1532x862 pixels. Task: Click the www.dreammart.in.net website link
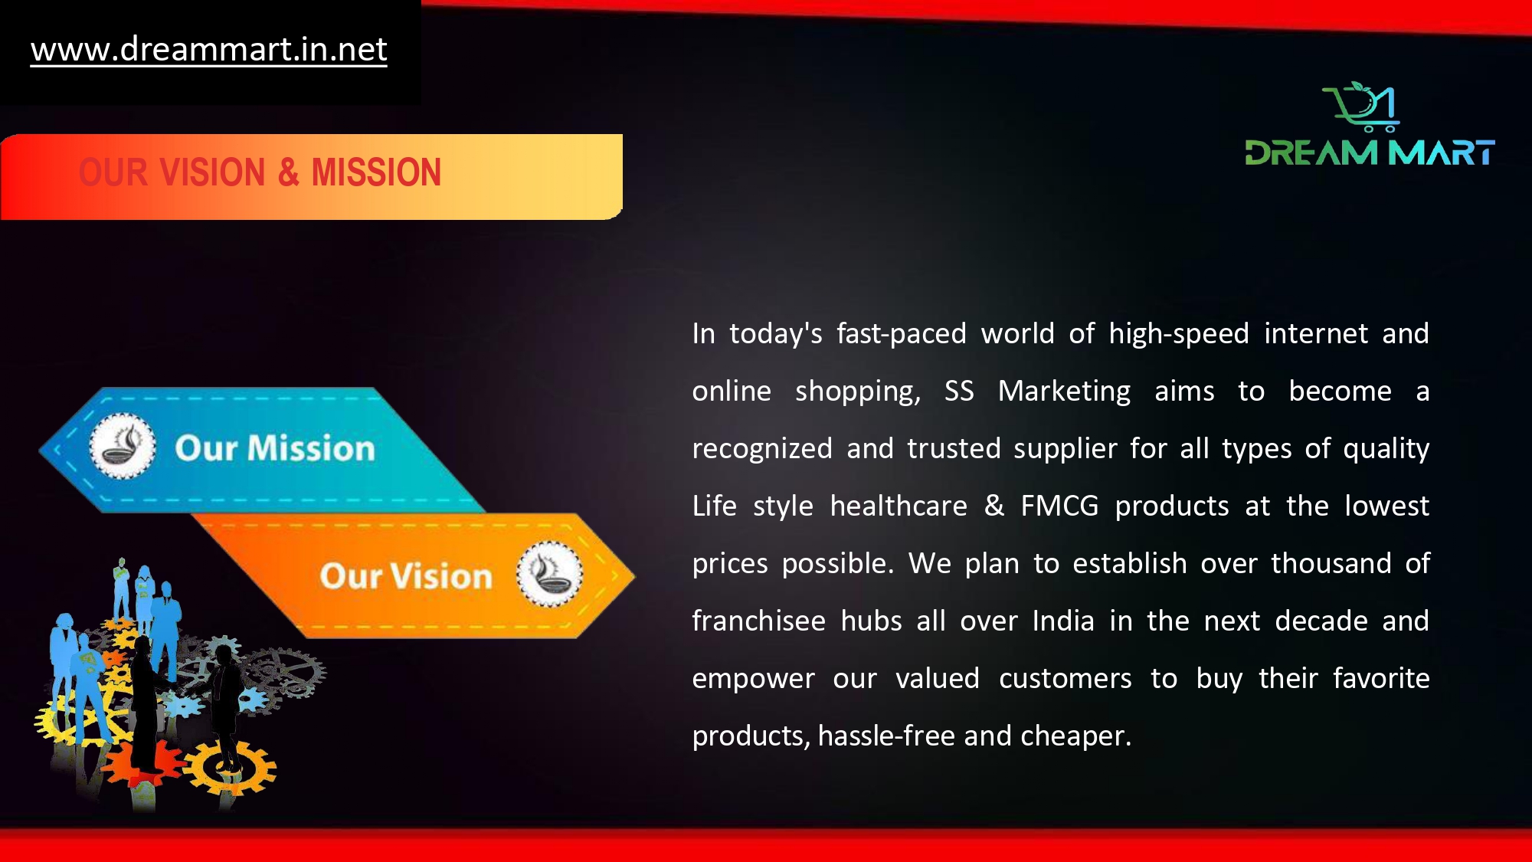[208, 50]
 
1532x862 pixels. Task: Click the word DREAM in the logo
[1311, 152]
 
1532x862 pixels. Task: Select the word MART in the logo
[1442, 152]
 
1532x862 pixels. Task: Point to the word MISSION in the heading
[376, 172]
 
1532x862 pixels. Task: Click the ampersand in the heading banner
[288, 172]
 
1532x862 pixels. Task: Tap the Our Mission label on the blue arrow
[275, 448]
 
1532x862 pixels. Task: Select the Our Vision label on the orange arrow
[406, 576]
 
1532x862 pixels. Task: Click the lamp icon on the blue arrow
[123, 446]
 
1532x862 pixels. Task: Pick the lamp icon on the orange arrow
[549, 574]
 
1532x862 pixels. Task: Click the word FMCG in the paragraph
[1059, 506]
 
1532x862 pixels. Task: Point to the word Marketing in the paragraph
[1064, 391]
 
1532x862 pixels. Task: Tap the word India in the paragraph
[1063, 621]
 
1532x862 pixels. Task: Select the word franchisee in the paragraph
[758, 621]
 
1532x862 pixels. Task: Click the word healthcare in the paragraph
[899, 506]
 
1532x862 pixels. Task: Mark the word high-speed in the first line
[1179, 334]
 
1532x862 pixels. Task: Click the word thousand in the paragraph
[1331, 563]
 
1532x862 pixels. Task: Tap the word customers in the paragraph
[1065, 679]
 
